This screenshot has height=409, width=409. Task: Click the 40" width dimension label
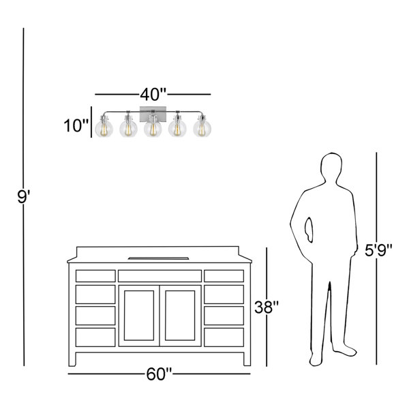[x=153, y=95]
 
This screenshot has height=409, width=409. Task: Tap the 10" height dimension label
[x=76, y=125]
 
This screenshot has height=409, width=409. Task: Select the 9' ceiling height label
[x=23, y=197]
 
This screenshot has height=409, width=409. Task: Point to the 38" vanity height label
[x=267, y=307]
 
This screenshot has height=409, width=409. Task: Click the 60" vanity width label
[x=159, y=374]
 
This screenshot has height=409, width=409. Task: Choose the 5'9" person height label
[x=378, y=250]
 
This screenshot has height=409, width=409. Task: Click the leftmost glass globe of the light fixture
[x=104, y=128]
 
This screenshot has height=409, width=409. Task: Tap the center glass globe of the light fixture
[x=153, y=128]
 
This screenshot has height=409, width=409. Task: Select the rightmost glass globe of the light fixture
[x=202, y=128]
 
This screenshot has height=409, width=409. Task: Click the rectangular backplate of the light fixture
[x=153, y=114]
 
